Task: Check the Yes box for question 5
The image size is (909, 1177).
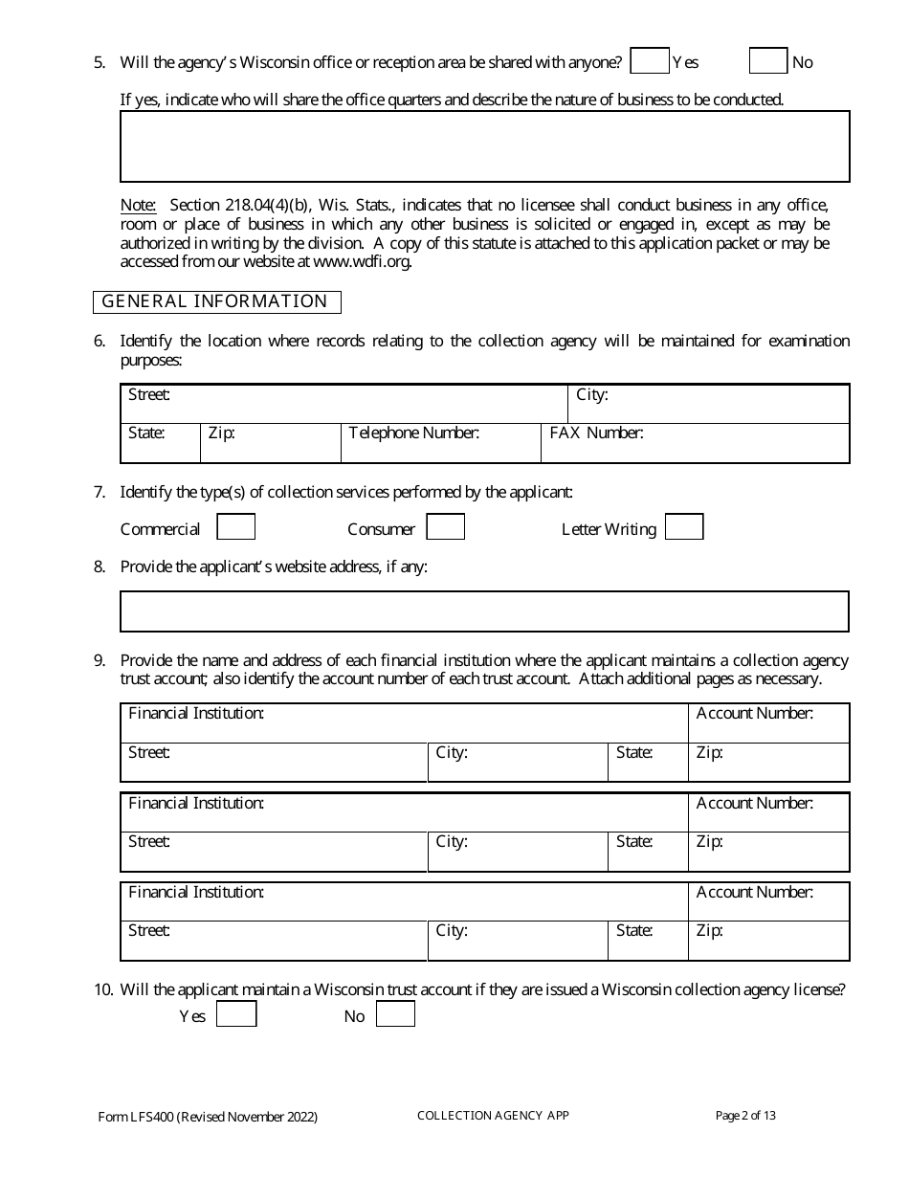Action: point(650,61)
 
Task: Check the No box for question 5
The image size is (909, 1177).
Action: point(767,61)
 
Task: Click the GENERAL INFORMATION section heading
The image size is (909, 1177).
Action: point(216,301)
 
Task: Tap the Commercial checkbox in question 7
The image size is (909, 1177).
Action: point(235,527)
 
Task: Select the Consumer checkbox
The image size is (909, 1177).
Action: point(445,527)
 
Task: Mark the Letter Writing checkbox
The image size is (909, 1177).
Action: point(684,527)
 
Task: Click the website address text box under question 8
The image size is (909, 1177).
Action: point(484,611)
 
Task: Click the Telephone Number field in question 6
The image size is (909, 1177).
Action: point(440,444)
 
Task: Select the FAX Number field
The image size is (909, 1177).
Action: point(695,444)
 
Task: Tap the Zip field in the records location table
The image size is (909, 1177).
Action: point(270,444)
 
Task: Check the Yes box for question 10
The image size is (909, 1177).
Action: point(236,1014)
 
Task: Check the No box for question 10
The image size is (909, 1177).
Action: point(395,1014)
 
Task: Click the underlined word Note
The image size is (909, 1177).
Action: point(138,205)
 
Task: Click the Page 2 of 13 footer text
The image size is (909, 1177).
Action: point(745,1115)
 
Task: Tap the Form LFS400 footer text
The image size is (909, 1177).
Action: point(208,1117)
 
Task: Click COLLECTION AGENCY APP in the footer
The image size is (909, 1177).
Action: point(493,1116)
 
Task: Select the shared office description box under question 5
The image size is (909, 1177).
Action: point(484,146)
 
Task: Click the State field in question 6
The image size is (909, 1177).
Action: point(160,444)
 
